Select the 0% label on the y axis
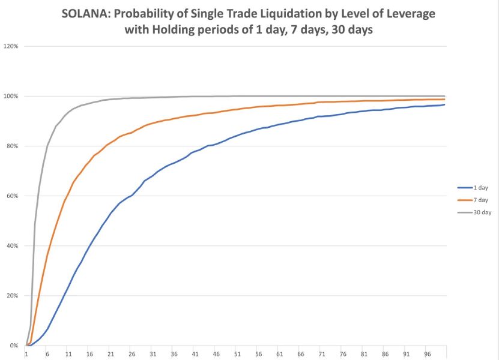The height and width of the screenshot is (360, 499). pyautogui.click(x=13, y=346)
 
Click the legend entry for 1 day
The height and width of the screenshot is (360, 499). pyautogui.click(x=480, y=188)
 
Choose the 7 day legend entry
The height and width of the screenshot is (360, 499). pyautogui.click(x=480, y=200)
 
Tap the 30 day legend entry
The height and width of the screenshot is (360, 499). pyautogui.click(x=482, y=212)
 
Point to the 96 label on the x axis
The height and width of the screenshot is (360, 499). pyautogui.click(x=427, y=354)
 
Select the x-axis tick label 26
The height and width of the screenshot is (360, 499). pyautogui.click(x=132, y=354)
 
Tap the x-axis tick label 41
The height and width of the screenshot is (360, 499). pyautogui.click(x=195, y=354)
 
